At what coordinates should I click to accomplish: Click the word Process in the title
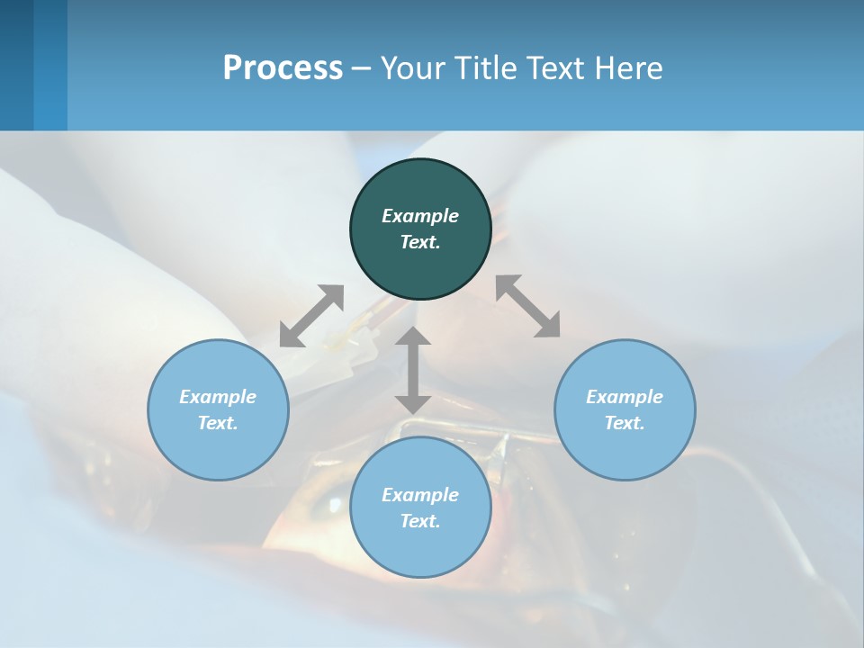(283, 67)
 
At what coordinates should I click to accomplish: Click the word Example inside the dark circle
(420, 216)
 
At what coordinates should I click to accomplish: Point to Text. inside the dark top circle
(420, 242)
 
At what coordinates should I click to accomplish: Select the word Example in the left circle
(218, 397)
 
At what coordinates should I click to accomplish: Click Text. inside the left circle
(218, 423)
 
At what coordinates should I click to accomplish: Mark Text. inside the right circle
(625, 423)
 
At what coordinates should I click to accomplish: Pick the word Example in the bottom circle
(420, 495)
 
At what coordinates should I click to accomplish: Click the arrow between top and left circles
(311, 316)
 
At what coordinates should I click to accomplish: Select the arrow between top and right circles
(528, 306)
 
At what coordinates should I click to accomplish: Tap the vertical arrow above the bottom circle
(413, 370)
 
